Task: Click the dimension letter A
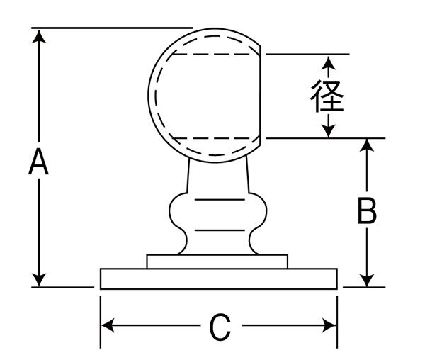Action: (39, 162)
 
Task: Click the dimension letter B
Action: (366, 211)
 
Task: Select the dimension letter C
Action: (220, 327)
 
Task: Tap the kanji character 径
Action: (327, 97)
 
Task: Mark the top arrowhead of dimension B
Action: (366, 145)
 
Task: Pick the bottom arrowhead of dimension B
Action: (366, 281)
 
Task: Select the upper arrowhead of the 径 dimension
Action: (327, 64)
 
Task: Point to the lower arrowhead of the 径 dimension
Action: (327, 131)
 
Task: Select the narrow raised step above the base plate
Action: (217, 261)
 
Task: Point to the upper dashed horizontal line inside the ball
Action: (212, 54)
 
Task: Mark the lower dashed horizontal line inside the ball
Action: (212, 137)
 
